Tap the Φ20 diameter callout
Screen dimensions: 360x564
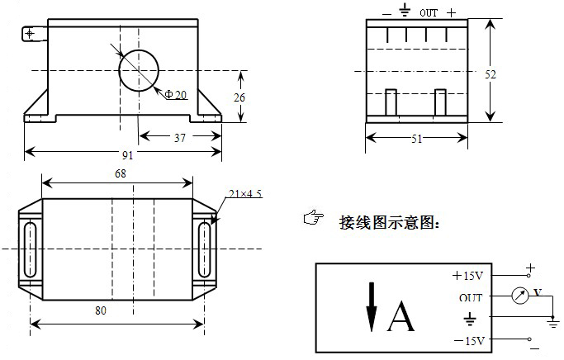click(x=176, y=96)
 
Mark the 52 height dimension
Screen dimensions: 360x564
click(x=491, y=74)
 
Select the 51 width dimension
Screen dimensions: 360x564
click(x=417, y=139)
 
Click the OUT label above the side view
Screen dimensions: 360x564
click(x=429, y=13)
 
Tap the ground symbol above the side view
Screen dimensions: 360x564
click(x=405, y=11)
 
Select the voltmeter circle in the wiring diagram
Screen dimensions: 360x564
click(x=519, y=296)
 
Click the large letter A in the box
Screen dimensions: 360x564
click(x=400, y=315)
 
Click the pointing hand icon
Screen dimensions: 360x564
click(x=312, y=218)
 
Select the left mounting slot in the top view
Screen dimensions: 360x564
click(x=31, y=249)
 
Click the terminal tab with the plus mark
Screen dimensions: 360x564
click(x=31, y=34)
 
